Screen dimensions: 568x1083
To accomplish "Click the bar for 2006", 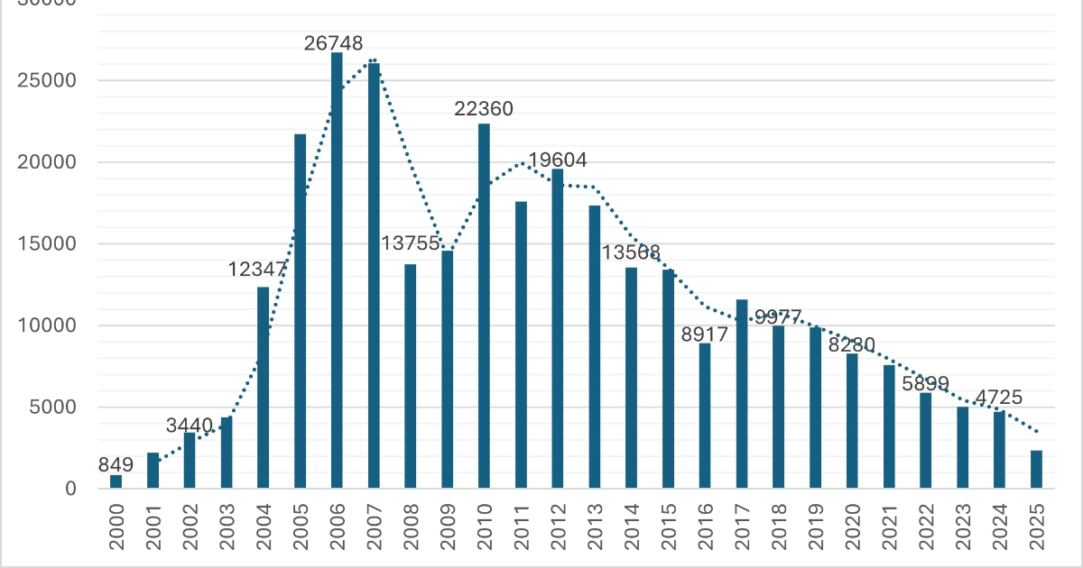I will [x=337, y=270].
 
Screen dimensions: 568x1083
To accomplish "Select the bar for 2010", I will [x=484, y=307].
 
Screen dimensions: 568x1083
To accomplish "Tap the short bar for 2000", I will [x=116, y=482].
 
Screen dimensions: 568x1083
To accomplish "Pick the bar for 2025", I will [x=1037, y=470].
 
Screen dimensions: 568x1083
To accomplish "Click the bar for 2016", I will [x=705, y=416].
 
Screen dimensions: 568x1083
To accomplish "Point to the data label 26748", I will [x=333, y=42].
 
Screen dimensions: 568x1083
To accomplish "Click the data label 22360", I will [x=484, y=109].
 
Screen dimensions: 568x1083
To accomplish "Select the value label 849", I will [x=116, y=465].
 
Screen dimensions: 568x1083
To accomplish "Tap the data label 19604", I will [x=558, y=160].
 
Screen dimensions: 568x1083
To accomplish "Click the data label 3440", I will [x=189, y=425].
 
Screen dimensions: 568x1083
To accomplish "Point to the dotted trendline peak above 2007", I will [x=373, y=60].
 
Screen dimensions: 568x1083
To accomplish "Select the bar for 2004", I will [x=263, y=388].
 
